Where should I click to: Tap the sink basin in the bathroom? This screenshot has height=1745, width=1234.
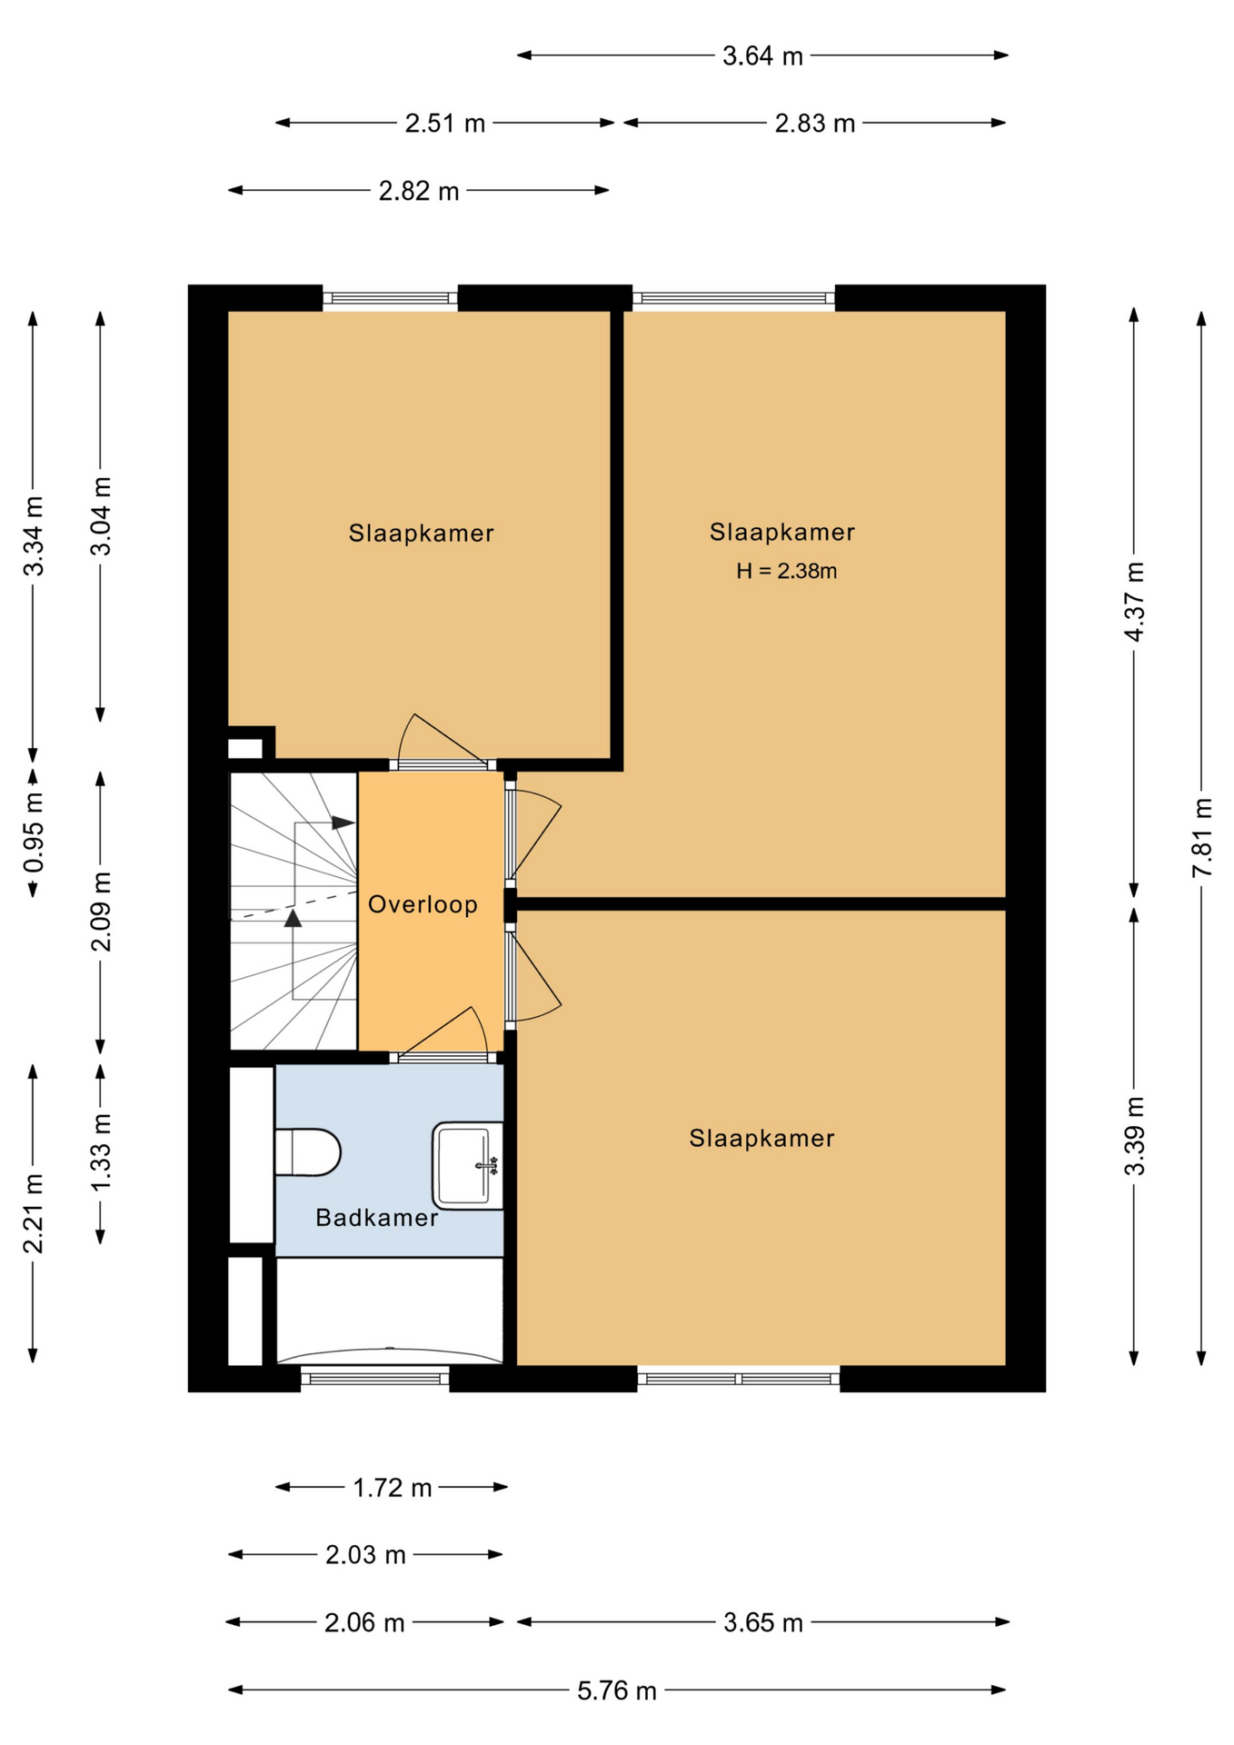pyautogui.click(x=467, y=1164)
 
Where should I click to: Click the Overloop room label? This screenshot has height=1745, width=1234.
pyautogui.click(x=423, y=904)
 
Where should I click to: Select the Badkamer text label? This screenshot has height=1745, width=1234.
pyautogui.click(x=376, y=1218)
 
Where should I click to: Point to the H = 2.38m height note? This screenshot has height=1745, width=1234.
pyautogui.click(x=786, y=571)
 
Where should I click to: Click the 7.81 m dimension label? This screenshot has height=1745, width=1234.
pyautogui.click(x=1201, y=837)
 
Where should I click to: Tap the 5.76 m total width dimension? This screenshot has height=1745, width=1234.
pyautogui.click(x=616, y=1690)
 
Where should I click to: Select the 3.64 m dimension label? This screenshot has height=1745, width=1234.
pyautogui.click(x=762, y=56)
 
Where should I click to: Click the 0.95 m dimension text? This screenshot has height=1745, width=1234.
pyautogui.click(x=33, y=833)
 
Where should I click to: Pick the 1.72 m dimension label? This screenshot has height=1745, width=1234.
pyautogui.click(x=392, y=1488)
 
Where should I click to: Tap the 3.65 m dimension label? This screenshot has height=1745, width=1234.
pyautogui.click(x=762, y=1623)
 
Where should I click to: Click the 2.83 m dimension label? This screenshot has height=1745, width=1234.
pyautogui.click(x=814, y=124)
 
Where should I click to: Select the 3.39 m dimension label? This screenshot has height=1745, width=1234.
pyautogui.click(x=1134, y=1136)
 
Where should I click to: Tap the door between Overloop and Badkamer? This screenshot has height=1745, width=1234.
pyautogui.click(x=443, y=1056)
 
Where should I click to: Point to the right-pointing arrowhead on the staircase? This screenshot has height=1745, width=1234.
pyautogui.click(x=343, y=823)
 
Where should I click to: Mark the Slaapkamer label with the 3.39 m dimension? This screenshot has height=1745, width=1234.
pyautogui.click(x=761, y=1138)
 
